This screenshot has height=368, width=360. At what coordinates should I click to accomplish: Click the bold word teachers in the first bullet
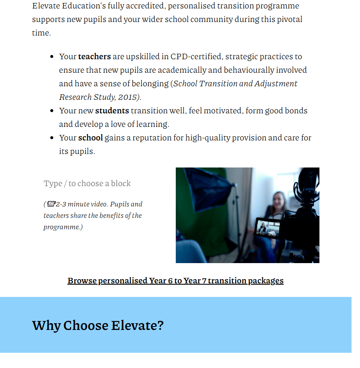tap(94, 56)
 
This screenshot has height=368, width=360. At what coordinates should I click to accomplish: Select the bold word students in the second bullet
tap(112, 110)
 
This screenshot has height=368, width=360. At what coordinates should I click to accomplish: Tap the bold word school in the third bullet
tap(90, 137)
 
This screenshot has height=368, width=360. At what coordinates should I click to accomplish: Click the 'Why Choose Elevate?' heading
tap(98, 325)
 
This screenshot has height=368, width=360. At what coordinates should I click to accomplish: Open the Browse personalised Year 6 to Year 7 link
tap(175, 280)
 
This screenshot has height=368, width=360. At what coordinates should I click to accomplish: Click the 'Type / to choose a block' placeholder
tap(87, 183)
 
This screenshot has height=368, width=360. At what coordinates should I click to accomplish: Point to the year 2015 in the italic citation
tap(128, 97)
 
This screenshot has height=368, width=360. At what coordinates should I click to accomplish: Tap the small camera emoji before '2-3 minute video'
tap(51, 204)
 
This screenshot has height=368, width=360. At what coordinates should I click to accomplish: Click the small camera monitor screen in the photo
tap(268, 228)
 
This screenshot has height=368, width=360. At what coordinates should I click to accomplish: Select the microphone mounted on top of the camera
tap(307, 186)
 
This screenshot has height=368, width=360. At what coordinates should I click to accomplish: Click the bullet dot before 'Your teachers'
tap(52, 57)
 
